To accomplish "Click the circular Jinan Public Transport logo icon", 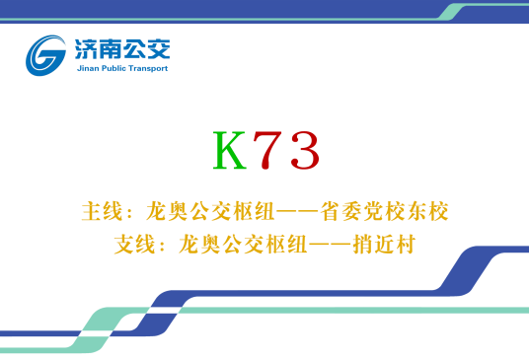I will tap(47, 54).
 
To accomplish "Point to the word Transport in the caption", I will tap(148, 69).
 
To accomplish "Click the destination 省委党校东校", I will tap(396, 211).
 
